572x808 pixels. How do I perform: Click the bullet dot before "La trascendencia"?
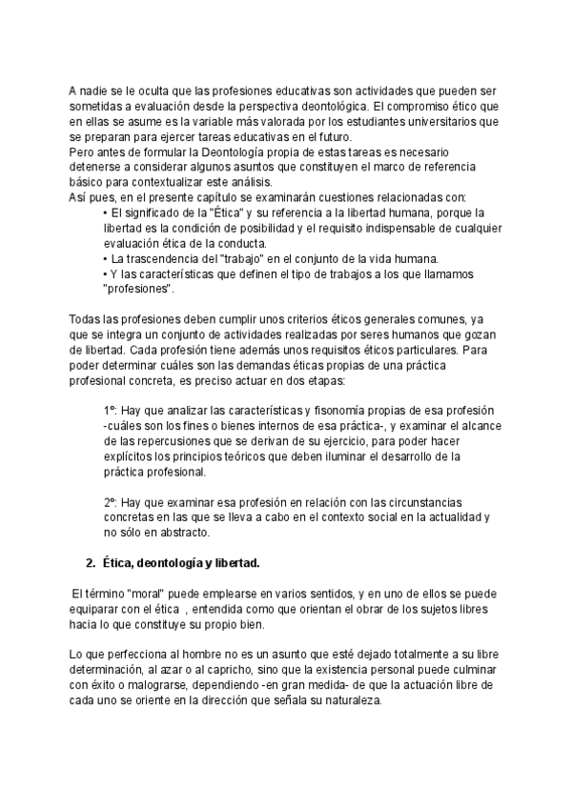[105, 258]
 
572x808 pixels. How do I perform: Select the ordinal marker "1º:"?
[114, 412]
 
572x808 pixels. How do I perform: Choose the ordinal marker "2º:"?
[114, 503]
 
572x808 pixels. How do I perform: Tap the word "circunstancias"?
[438, 503]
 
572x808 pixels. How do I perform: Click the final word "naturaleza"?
[348, 700]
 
